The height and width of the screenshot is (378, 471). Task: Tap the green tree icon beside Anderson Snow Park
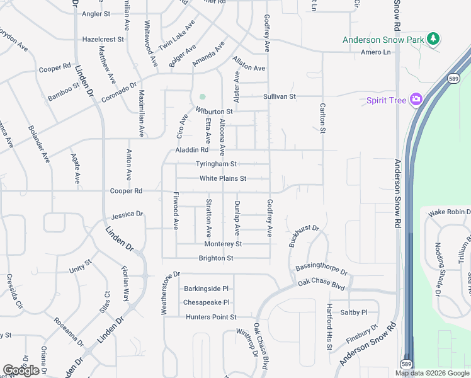433,40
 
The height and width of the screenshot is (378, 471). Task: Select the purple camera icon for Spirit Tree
416,100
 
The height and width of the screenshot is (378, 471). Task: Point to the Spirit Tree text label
385,100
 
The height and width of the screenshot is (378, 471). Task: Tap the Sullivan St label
279,96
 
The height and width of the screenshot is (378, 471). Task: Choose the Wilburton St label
214,111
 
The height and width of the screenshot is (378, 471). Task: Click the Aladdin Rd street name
191,150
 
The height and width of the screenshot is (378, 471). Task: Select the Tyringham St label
216,164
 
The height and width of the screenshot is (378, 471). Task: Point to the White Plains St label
223,178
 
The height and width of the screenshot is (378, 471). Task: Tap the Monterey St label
223,244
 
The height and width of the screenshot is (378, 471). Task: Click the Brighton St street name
216,258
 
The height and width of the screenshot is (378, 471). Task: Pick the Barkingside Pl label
206,289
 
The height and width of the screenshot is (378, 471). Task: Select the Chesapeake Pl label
205,302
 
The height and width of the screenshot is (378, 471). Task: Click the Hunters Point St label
211,317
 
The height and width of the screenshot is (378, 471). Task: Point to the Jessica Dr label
127,215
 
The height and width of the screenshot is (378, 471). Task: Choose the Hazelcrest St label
103,39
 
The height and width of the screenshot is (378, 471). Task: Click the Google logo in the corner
21,370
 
